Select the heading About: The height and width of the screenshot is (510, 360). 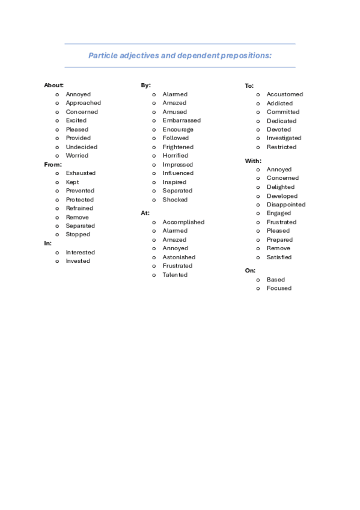point(53,85)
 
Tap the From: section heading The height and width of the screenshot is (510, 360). point(53,164)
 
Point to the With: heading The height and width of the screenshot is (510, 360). point(253,161)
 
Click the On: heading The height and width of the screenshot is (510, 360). point(250,271)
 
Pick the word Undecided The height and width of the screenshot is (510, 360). point(81,147)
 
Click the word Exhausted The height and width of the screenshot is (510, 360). point(81,173)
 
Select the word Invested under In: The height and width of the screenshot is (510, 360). point(78,261)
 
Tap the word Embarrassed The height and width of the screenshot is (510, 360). point(182,120)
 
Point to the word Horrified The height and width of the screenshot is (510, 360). point(175,156)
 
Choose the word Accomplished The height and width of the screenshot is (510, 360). point(183,222)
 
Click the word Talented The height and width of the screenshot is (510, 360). point(175,275)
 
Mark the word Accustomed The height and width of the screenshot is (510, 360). point(285,94)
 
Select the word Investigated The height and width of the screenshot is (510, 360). point(284,138)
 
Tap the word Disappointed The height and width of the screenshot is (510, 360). point(286,204)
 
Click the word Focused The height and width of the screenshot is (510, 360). point(279,288)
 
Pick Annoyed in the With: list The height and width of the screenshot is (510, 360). point(279,170)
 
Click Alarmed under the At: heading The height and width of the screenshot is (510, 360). point(175,231)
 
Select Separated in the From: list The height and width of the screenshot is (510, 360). point(81,226)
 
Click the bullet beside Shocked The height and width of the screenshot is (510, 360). point(154,200)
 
